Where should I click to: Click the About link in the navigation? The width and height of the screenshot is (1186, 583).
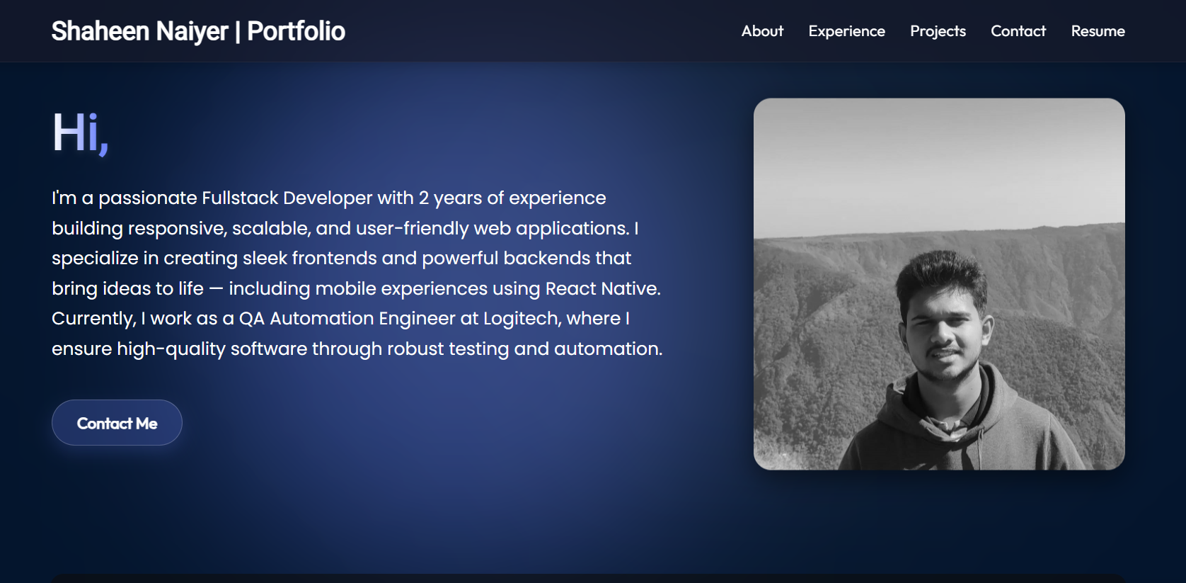[762, 31]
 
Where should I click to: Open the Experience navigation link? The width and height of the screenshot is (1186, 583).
[846, 31]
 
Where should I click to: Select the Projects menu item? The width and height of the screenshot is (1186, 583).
[938, 31]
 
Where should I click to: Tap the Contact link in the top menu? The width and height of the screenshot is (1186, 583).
[1018, 31]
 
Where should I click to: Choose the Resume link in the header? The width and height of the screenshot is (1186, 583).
[1098, 31]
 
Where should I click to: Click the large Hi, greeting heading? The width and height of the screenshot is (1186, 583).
[81, 133]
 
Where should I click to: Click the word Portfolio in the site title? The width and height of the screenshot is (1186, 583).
[296, 31]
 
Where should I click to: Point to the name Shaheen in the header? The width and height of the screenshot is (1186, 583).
[100, 31]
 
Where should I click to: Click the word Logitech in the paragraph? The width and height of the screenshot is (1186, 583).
[522, 319]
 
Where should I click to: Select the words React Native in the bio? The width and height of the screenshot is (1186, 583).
[603, 288]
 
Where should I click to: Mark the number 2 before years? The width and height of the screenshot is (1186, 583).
[424, 198]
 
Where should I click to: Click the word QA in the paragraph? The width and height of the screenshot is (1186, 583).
[251, 319]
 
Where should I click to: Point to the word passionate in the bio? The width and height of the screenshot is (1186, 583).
[148, 198]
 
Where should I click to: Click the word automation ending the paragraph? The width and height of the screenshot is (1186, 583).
[608, 349]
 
